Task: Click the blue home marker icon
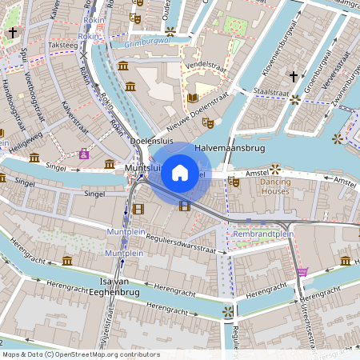click(x=179, y=173)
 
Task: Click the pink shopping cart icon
click(x=302, y=272)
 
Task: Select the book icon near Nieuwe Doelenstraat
click(x=192, y=98)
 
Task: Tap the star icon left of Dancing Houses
click(x=276, y=169)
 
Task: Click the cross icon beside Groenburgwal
click(x=294, y=78)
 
